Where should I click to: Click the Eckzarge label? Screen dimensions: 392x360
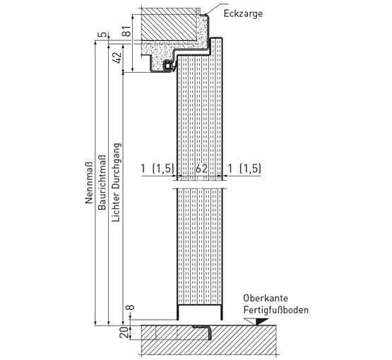(x=243, y=13)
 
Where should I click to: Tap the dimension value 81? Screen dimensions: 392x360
(x=127, y=31)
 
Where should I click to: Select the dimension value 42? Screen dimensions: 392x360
(x=117, y=57)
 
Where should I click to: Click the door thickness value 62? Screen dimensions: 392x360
(x=201, y=169)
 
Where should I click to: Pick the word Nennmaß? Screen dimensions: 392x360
(x=89, y=183)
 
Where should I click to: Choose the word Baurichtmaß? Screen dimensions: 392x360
(x=102, y=182)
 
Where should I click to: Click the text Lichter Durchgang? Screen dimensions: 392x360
(x=117, y=182)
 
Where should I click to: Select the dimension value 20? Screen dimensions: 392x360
(x=124, y=332)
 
